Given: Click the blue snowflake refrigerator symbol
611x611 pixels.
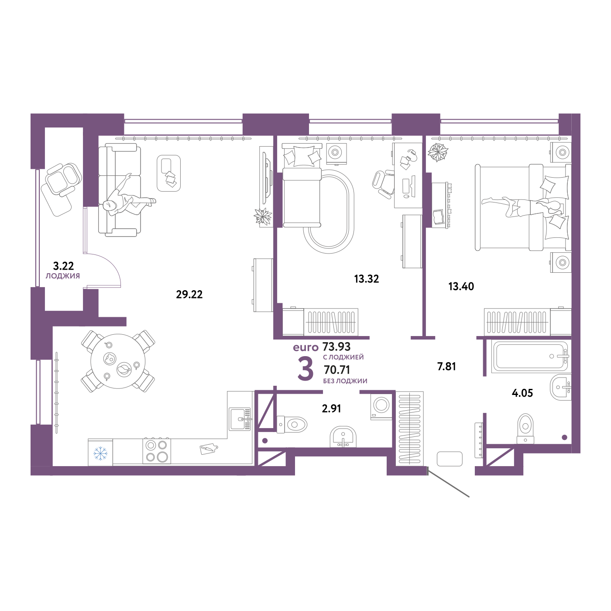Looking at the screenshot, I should pos(100,453).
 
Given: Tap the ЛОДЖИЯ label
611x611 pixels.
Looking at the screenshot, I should pos(63,276).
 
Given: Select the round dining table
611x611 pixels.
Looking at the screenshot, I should pos(118,361).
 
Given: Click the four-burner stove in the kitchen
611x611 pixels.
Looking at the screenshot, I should pos(157,451).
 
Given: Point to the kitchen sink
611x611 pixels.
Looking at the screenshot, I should pos(240,419).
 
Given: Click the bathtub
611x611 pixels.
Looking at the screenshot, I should pos(530,356).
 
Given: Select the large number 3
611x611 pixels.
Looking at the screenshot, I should pos(305,369).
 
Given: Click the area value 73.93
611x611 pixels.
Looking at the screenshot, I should pos(336,347).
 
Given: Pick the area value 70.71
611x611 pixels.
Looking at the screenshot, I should pos(336,370).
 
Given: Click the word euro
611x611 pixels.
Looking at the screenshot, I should pos(305,347).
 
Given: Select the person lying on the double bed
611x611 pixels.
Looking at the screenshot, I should pos(524,205).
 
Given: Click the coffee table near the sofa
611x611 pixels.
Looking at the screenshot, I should pos(169,173).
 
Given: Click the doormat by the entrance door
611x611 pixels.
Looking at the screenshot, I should pos(449,459).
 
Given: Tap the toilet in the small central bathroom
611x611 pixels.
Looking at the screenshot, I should pos(292,423).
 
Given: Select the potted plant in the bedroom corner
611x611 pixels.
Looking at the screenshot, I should pos(438,151).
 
